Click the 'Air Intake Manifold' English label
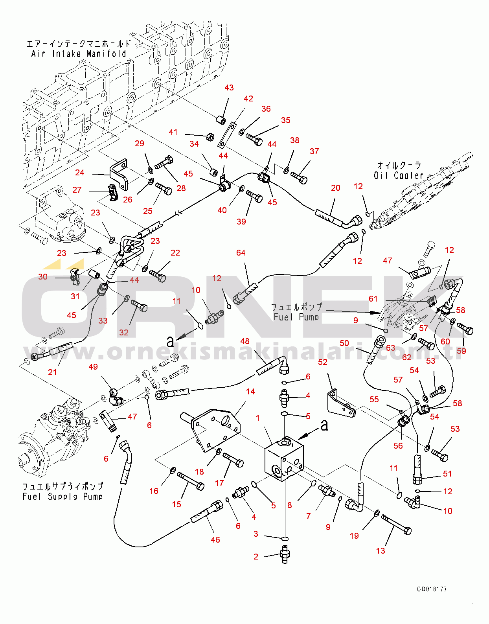(x=79, y=54)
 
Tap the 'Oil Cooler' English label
(x=398, y=175)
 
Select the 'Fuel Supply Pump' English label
(x=63, y=497)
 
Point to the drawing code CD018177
(x=432, y=589)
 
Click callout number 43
(x=229, y=88)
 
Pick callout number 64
(x=241, y=253)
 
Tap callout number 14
(x=250, y=392)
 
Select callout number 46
(x=215, y=540)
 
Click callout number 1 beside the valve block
(x=257, y=418)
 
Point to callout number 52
(x=322, y=362)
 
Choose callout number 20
(x=335, y=188)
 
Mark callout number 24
(x=80, y=173)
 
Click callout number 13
(x=380, y=551)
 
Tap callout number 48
(x=244, y=341)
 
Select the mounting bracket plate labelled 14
(x=216, y=429)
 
